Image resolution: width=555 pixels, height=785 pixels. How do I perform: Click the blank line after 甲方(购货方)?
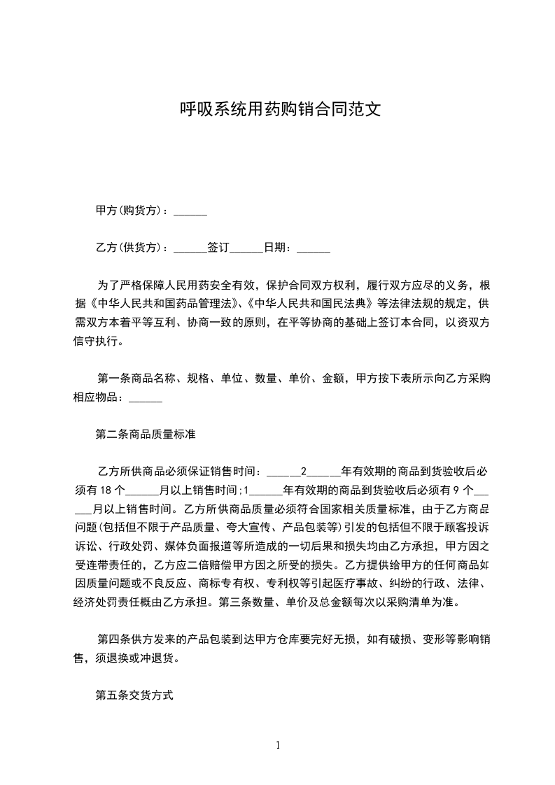(190, 211)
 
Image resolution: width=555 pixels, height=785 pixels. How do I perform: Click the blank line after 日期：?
(313, 248)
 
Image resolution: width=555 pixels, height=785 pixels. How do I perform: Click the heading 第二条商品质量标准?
(145, 434)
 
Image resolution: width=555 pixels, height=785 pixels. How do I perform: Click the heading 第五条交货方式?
(134, 696)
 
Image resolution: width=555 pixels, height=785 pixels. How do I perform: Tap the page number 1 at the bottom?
(279, 745)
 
